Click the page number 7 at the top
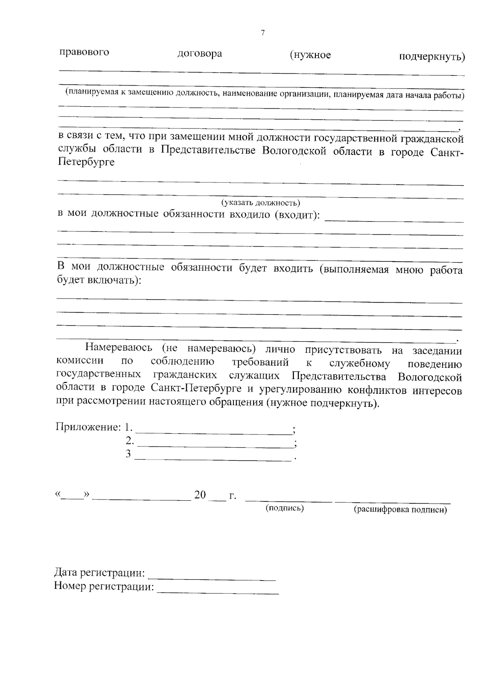click(263, 33)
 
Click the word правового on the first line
click(84, 52)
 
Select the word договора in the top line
click(200, 54)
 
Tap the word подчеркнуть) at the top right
click(432, 56)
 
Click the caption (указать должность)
click(261, 203)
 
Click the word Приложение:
click(88, 427)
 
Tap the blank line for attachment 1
click(213, 432)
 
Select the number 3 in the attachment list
click(128, 454)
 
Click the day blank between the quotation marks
click(72, 497)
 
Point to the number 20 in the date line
click(200, 495)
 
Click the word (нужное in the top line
click(310, 55)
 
